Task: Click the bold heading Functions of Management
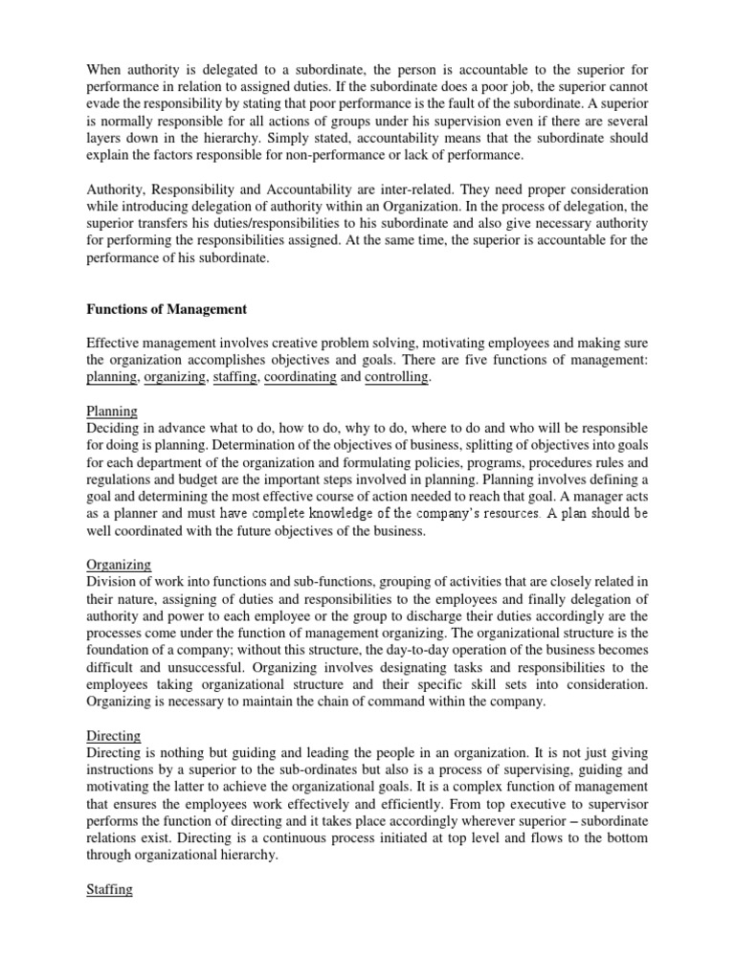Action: tap(167, 309)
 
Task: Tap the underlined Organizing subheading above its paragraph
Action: tap(119, 565)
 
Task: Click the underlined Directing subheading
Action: tap(114, 736)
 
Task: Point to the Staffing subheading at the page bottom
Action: tap(109, 889)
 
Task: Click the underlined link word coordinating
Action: tap(301, 378)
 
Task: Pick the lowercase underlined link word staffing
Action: tap(235, 378)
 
